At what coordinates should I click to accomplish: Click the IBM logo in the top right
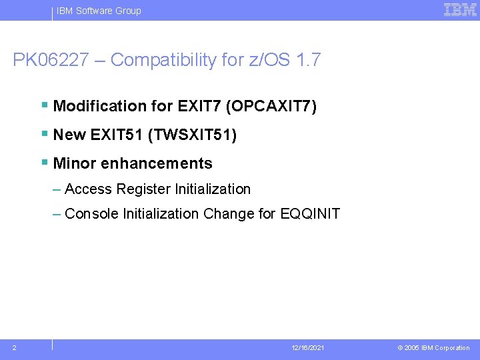460,10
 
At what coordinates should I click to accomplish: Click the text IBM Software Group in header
99,11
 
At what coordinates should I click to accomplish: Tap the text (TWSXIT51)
192,135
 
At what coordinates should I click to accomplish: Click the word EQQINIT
311,214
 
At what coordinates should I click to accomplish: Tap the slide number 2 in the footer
15,347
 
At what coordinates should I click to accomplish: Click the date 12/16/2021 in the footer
308,348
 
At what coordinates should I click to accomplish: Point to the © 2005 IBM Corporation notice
433,348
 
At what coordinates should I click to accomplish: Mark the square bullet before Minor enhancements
44,163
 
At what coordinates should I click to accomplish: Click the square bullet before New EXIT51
44,134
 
